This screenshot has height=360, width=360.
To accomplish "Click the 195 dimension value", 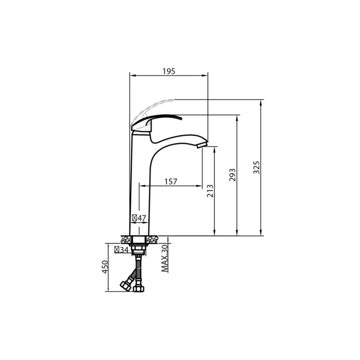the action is (x=169, y=71).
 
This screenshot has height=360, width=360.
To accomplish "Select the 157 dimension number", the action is (x=171, y=181).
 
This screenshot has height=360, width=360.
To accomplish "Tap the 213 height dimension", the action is (x=210, y=191).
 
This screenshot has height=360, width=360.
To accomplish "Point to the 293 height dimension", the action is (x=232, y=175).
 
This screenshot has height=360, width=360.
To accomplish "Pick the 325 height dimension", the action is (x=256, y=167).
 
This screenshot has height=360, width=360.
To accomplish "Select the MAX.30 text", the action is (x=165, y=258).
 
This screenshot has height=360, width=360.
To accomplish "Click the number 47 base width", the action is (x=142, y=218).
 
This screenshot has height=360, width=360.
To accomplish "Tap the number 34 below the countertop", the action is (x=124, y=250).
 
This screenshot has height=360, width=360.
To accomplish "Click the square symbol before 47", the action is (x=135, y=218).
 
